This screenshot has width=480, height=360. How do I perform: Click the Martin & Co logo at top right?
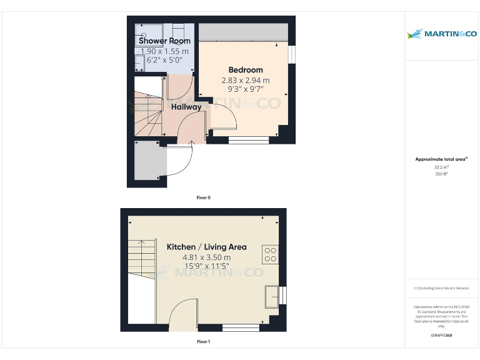pos(441,34)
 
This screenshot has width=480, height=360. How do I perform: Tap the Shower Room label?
pos(164,41)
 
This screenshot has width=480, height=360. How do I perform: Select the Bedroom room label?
pos(246,70)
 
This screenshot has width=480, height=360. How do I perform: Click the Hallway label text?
pos(187,107)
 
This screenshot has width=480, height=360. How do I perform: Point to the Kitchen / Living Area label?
pos(206,247)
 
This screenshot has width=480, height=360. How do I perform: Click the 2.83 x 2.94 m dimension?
pos(246,80)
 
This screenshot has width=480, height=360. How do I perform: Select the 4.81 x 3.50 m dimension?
pos(206,257)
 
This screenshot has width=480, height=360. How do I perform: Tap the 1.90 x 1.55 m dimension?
pos(164,51)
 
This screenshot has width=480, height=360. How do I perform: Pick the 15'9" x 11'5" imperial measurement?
pos(206,266)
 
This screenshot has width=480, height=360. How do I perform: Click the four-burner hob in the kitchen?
pos(271,254)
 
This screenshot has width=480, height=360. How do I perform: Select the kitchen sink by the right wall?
pos(272,296)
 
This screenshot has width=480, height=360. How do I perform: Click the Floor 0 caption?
pos(204,197)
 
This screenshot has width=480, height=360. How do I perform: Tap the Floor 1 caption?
pos(204,342)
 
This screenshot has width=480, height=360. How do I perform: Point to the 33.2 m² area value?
pos(441,167)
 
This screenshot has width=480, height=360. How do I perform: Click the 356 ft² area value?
pos(441,174)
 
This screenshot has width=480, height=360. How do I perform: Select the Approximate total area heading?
pos(441,159)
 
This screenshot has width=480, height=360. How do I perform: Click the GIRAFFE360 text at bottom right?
pos(441,336)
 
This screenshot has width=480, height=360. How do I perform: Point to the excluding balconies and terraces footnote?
pos(441,288)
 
